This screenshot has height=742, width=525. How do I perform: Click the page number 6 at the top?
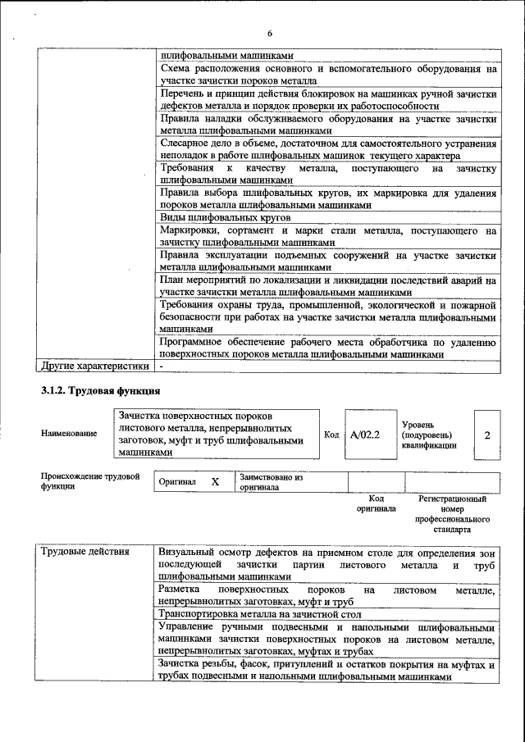click(268, 33)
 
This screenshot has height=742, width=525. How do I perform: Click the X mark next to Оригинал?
click(215, 482)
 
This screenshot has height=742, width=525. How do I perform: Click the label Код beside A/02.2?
click(331, 435)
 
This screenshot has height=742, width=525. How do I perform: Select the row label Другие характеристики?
click(95, 366)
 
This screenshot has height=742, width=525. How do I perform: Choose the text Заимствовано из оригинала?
click(272, 482)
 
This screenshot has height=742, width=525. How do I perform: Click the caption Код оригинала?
click(377, 503)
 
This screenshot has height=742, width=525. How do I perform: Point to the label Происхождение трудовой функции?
click(90, 481)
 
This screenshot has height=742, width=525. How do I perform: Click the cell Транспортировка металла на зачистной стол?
click(260, 613)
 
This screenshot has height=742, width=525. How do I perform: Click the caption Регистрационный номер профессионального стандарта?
click(452, 514)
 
